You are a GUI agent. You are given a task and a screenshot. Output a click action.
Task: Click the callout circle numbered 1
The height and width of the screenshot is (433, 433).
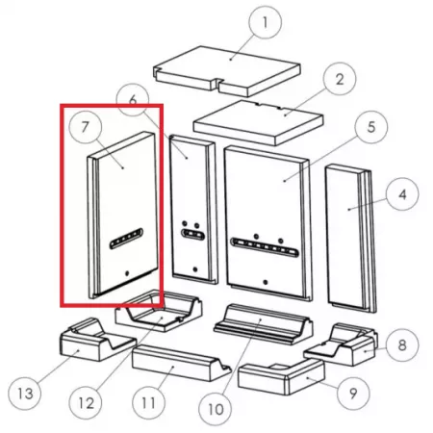pos(266,22)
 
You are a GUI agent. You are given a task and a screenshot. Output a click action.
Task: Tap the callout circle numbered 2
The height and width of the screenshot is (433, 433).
pos(340,79)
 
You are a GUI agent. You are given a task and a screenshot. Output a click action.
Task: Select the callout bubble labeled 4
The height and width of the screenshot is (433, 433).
pos(402,194)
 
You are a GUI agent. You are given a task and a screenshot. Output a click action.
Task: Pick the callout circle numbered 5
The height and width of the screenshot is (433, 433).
pos(371,127)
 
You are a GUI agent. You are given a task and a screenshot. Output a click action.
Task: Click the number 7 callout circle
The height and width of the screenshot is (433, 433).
pos(86,127)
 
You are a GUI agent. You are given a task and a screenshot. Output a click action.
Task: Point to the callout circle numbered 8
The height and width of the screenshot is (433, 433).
pos(402,345)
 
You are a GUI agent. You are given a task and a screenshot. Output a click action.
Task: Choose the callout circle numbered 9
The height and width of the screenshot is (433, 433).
pos(353,393)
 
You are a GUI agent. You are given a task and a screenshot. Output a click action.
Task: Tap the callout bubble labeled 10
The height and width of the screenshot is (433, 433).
pos(216,409)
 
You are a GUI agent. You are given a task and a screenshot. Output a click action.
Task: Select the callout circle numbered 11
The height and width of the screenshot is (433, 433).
pos(149,403)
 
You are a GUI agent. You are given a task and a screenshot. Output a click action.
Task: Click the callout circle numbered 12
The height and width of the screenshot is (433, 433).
pos(86,403)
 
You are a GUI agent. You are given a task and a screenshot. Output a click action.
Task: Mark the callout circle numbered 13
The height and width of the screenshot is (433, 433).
pos(25,394)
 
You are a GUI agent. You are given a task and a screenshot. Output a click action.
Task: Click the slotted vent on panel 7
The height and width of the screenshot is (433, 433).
pos(126,239)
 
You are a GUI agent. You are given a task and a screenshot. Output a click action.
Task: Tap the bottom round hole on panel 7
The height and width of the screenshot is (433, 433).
pos(127,273)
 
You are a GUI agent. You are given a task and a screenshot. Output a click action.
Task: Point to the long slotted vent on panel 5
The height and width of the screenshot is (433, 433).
pos(265,247)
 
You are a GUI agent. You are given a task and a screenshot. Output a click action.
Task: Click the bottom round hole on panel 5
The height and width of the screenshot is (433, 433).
pos(266,283)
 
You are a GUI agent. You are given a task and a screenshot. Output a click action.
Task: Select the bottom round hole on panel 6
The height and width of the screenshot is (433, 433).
pos(195,269)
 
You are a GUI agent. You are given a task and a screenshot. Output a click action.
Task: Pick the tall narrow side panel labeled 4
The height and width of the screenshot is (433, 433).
pos(351,238)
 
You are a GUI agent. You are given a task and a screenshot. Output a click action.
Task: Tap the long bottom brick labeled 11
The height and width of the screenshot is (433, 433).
pos(181,363)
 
